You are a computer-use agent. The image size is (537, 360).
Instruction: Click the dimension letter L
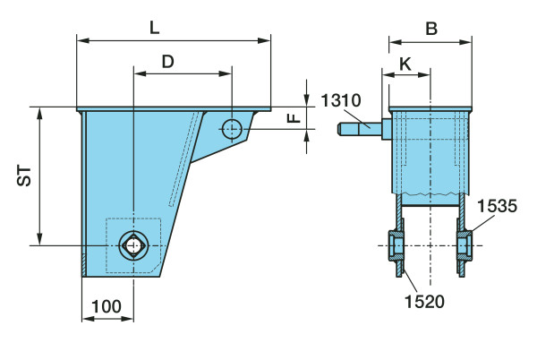click(155, 28)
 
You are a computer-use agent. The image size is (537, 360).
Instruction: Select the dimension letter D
click(168, 62)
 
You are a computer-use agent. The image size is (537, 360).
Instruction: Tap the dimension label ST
click(24, 176)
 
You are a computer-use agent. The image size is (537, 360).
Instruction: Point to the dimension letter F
click(294, 118)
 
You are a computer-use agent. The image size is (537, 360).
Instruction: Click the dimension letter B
click(431, 29)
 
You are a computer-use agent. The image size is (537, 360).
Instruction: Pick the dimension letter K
click(405, 64)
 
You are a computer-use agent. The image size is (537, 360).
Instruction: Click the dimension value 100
click(107, 306)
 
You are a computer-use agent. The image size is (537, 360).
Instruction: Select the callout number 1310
click(341, 100)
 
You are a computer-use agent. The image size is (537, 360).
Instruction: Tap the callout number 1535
click(498, 207)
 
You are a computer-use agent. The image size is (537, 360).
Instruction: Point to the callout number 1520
click(424, 302)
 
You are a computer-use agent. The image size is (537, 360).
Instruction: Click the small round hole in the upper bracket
click(232, 129)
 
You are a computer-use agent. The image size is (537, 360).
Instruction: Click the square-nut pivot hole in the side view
click(134, 245)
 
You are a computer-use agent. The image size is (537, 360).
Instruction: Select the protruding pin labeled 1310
click(360, 129)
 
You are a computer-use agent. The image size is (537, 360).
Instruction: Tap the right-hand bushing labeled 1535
click(465, 246)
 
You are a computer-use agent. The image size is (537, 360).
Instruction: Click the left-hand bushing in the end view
click(396, 246)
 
